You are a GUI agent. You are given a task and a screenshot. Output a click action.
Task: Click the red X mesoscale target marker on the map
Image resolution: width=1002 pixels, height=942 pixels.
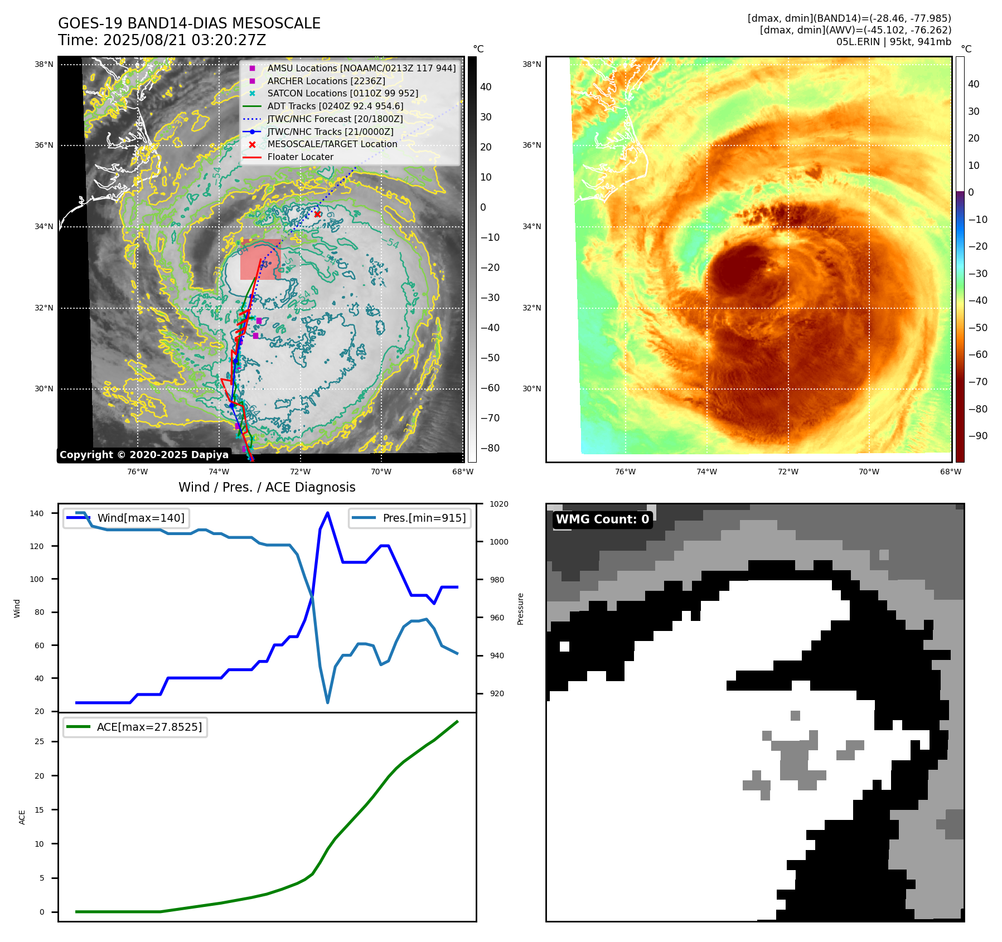pyautogui.click(x=317, y=214)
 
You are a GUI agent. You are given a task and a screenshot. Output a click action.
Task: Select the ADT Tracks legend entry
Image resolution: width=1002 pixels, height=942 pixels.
pyautogui.click(x=335, y=106)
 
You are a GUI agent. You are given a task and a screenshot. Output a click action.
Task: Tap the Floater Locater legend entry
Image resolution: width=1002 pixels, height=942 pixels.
pyautogui.click(x=300, y=157)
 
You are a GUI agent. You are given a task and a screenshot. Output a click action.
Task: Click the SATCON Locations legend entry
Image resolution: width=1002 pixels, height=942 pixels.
pyautogui.click(x=342, y=94)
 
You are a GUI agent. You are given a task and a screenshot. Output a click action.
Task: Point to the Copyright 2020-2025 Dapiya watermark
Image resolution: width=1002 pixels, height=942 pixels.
pyautogui.click(x=144, y=455)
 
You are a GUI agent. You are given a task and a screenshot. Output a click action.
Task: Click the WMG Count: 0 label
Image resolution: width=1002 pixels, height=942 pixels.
pyautogui.click(x=602, y=519)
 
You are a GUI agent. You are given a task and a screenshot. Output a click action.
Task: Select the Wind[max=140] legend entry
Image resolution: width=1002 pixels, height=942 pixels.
pyautogui.click(x=141, y=518)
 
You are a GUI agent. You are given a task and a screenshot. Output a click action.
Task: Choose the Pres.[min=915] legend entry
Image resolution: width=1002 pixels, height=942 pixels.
pyautogui.click(x=424, y=518)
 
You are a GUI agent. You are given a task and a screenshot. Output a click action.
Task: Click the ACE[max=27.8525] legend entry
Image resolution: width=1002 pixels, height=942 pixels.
pyautogui.click(x=149, y=727)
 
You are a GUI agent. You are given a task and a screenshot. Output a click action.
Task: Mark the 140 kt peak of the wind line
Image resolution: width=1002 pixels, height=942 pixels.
pyautogui.click(x=327, y=513)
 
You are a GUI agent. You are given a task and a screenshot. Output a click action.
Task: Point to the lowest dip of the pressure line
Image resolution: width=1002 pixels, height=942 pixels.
pyautogui.click(x=327, y=702)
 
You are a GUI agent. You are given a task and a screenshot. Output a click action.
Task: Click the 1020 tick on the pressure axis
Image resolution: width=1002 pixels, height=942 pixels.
pyautogui.click(x=498, y=504)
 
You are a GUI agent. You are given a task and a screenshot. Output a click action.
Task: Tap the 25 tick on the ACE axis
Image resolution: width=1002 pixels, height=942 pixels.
pyautogui.click(x=40, y=741)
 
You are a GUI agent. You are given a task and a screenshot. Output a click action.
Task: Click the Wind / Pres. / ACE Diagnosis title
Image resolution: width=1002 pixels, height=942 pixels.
pyautogui.click(x=267, y=487)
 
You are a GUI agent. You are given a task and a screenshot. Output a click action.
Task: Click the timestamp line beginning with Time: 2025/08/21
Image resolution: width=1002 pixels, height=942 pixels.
pyautogui.click(x=162, y=40)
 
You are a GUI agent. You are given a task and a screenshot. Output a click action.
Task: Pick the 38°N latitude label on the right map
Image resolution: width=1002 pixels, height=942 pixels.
pyautogui.click(x=531, y=64)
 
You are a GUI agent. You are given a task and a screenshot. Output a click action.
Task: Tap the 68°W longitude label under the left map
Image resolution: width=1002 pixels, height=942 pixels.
pyautogui.click(x=462, y=472)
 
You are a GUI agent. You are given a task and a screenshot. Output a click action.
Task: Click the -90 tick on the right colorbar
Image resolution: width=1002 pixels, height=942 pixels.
pyautogui.click(x=977, y=436)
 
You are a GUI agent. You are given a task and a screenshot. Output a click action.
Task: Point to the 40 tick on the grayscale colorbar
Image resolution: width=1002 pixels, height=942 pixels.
pyautogui.click(x=486, y=87)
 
